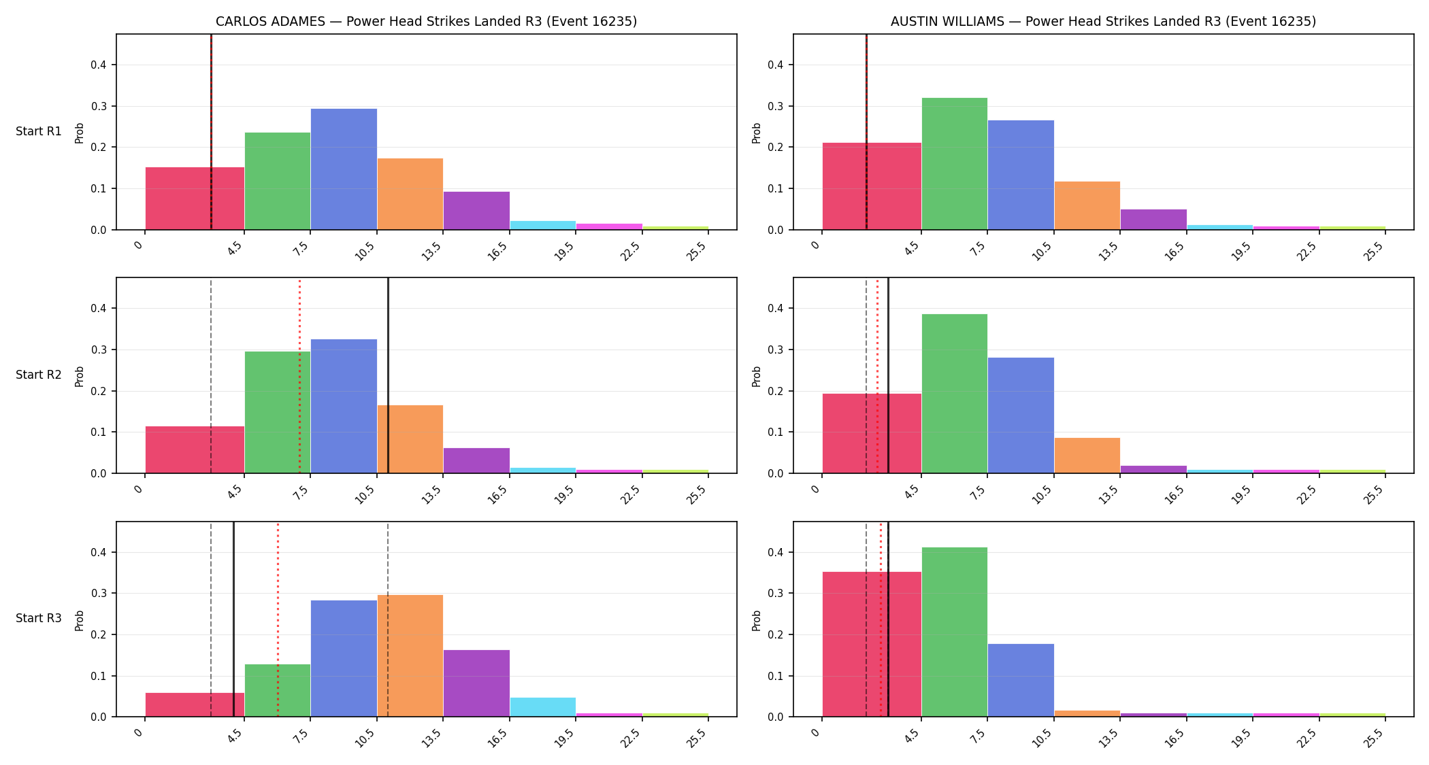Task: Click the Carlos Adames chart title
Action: click(x=426, y=22)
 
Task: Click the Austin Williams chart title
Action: click(x=1103, y=22)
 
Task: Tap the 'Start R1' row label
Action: click(x=39, y=131)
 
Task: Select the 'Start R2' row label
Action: click(x=39, y=375)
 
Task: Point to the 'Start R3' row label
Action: click(x=39, y=618)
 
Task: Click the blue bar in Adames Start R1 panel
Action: click(x=344, y=169)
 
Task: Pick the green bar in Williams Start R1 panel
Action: click(x=954, y=164)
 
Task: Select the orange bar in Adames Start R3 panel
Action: click(x=410, y=656)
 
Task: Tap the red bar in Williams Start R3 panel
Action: click(x=872, y=645)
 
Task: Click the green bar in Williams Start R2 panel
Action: click(x=954, y=394)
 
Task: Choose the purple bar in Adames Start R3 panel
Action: click(x=476, y=683)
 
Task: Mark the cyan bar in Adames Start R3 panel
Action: click(x=543, y=707)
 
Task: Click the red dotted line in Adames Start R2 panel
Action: click(x=299, y=375)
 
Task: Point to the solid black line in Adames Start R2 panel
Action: click(x=388, y=375)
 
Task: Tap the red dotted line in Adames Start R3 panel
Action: click(x=278, y=619)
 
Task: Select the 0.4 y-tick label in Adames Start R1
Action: click(x=99, y=65)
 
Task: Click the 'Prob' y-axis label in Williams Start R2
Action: click(x=756, y=376)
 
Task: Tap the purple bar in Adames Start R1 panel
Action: click(x=476, y=211)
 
